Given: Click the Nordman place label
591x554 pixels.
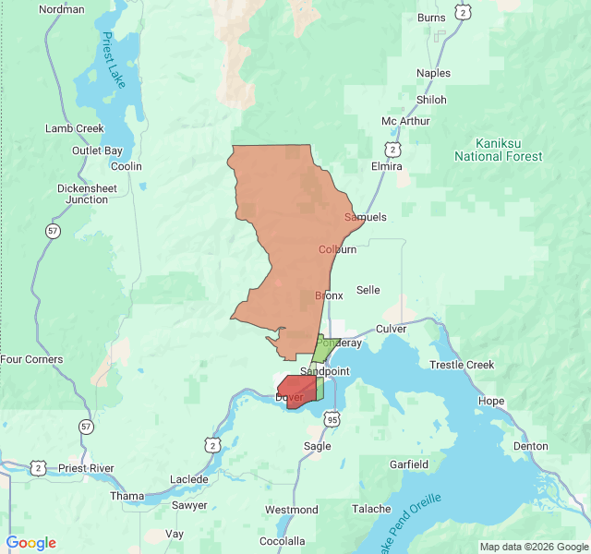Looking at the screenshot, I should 62,9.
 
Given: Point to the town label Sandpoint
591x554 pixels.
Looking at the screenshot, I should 326,371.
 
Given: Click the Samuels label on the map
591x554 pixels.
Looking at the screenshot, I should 365,217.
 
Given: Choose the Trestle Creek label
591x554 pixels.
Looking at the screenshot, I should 462,365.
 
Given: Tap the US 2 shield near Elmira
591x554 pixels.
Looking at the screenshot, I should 393,149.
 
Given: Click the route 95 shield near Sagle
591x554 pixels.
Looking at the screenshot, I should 332,419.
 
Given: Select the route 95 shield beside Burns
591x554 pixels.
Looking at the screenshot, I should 463,13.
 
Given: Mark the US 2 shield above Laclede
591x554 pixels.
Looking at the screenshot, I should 213,445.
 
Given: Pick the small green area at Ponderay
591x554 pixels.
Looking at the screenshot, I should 320,350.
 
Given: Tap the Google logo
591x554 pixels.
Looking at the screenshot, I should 31,543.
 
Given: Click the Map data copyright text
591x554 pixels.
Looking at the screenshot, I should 532,547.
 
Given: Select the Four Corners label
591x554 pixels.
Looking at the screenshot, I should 32,359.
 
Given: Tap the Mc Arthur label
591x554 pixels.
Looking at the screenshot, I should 405,121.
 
